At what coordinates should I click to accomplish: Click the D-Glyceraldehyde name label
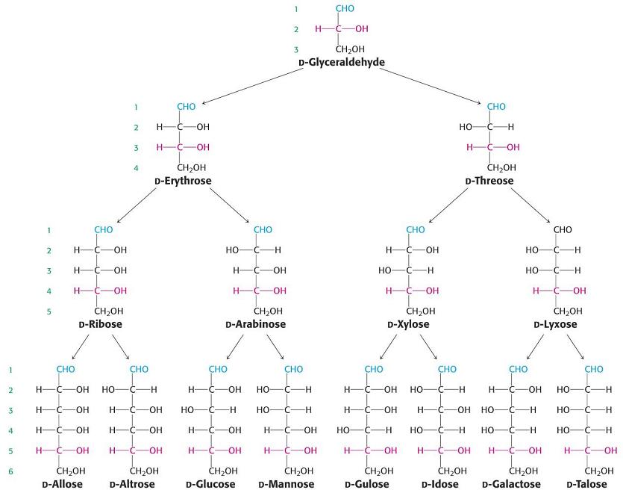342,62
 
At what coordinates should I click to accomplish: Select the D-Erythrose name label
183,181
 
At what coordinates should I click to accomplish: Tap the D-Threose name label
489,181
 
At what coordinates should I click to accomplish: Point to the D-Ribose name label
100,324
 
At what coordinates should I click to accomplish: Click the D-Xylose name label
408,324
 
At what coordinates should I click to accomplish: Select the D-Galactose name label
511,484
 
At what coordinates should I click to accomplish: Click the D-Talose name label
586,484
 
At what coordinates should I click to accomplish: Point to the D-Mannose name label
287,484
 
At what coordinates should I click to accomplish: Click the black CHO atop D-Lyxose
563,229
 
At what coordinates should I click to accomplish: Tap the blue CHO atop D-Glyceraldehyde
345,9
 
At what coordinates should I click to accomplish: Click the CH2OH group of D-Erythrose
192,167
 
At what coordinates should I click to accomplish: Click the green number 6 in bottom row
11,471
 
